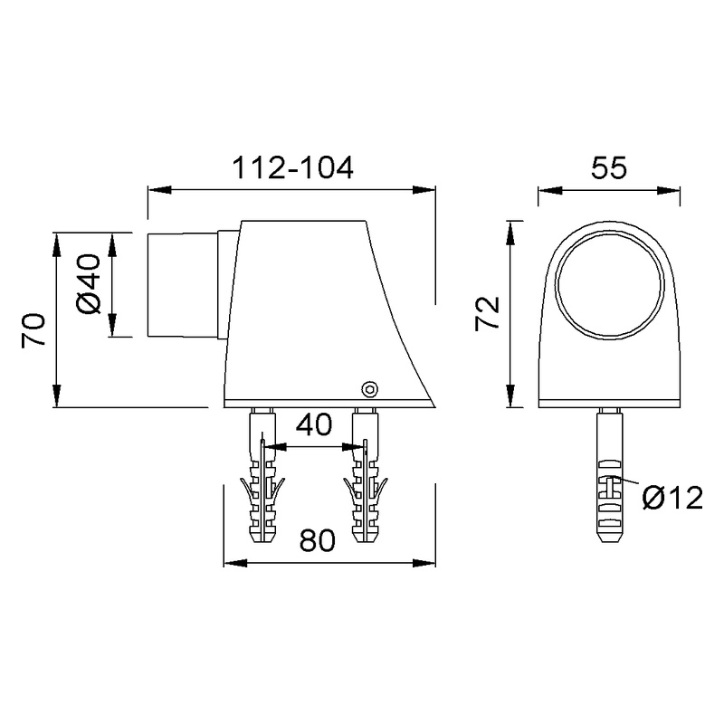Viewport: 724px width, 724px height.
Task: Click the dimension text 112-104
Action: point(292,168)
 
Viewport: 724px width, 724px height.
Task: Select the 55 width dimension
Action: point(609,168)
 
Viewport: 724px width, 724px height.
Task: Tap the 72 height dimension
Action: point(489,313)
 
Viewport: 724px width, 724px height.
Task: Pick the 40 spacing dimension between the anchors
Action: point(313,425)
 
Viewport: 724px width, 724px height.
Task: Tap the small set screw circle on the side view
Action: point(368,388)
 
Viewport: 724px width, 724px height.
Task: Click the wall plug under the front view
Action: point(608,475)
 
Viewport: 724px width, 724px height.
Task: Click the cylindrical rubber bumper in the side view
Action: point(181,283)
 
